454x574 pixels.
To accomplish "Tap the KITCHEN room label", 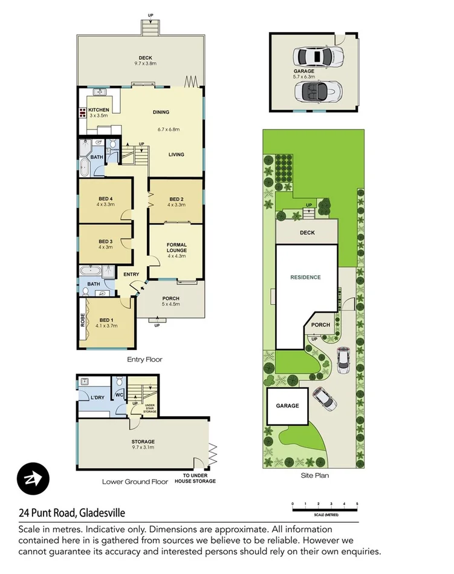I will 98,109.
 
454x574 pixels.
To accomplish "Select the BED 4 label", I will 106,199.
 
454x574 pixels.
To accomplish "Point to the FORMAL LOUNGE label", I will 177,247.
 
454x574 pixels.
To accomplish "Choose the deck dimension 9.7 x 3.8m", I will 145,64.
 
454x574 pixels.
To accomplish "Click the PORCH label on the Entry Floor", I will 171,298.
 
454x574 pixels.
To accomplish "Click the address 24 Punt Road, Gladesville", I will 71,513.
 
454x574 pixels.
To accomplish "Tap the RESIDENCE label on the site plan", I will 305,278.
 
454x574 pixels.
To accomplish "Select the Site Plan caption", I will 314,475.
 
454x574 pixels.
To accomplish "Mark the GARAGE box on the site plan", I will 287,406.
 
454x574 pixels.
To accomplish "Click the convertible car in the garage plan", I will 317,92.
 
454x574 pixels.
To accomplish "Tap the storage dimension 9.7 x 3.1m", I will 143,448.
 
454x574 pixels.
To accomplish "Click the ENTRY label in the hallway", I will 131,275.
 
